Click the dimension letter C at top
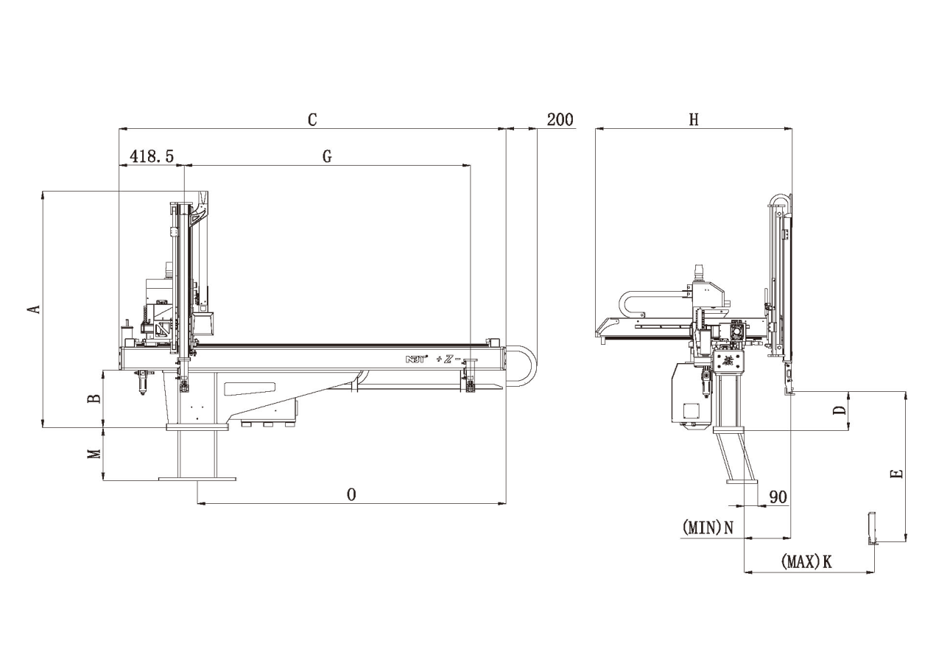click(x=312, y=119)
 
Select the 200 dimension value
click(x=560, y=119)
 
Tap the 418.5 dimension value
click(x=152, y=156)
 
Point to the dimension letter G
click(x=327, y=156)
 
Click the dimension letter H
click(x=693, y=119)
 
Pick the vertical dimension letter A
click(x=33, y=309)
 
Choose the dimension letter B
click(x=94, y=399)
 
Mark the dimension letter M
click(x=94, y=454)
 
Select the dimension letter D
click(x=839, y=410)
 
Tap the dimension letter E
click(x=896, y=474)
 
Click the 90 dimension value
click(x=778, y=497)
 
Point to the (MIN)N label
click(x=708, y=527)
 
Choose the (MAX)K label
click(x=806, y=562)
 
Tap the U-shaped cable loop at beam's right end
click(x=527, y=365)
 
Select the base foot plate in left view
click(x=197, y=479)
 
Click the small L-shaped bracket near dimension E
click(x=872, y=529)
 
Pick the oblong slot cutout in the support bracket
click(x=250, y=387)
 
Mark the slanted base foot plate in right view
click(x=742, y=482)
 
